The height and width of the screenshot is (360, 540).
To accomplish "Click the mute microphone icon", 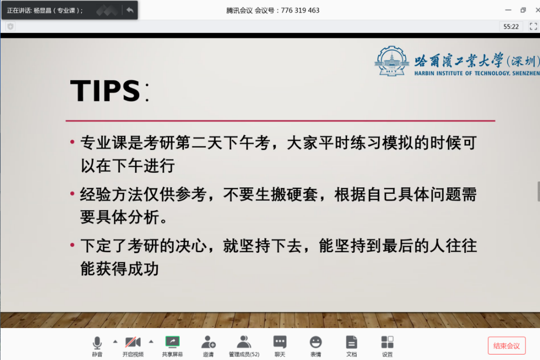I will coord(97,343).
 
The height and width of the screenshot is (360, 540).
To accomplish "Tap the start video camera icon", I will coord(133,342).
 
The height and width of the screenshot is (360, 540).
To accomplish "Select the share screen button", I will coord(172,342).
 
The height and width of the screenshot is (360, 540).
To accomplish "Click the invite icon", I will coord(208,342).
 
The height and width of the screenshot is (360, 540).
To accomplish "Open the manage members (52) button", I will coord(244,342).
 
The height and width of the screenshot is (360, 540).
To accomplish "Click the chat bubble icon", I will coord(280,342).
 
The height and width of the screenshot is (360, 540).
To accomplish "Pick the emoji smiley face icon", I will coord(315,342).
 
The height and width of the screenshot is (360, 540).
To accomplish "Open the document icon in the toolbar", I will coord(352,342).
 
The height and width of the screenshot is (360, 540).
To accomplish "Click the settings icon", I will coord(387,342).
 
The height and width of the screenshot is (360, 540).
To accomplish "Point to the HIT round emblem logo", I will coord(392,60).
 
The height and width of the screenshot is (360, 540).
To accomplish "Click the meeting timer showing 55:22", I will coord(511,26).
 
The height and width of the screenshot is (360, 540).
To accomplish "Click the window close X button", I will coord(534,10).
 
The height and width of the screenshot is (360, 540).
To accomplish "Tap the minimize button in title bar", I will coord(508,10).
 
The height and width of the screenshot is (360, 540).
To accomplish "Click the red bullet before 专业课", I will coord(72,143).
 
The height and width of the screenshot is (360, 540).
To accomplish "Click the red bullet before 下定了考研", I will coord(72,246).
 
